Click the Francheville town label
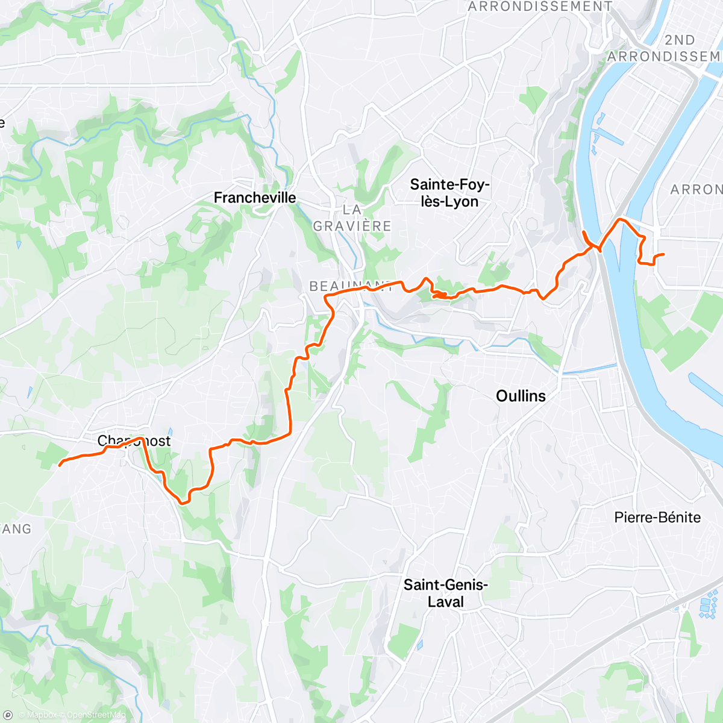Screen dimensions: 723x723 point(255,198)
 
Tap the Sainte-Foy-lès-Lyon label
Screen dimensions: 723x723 point(449,193)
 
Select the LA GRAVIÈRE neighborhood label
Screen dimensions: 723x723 point(352,218)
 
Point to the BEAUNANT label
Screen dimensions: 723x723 point(349,287)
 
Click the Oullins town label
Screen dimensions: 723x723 point(521,396)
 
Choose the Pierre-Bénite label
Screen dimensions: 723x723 point(657,518)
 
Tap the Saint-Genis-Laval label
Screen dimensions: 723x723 point(446,593)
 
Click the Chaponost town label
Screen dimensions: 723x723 point(134,442)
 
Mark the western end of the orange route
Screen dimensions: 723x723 point(59,465)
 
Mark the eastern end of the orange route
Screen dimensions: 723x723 point(663,255)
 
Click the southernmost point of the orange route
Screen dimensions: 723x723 point(181,502)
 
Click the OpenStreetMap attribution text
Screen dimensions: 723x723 point(96,715)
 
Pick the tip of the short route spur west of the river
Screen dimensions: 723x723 point(584,231)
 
